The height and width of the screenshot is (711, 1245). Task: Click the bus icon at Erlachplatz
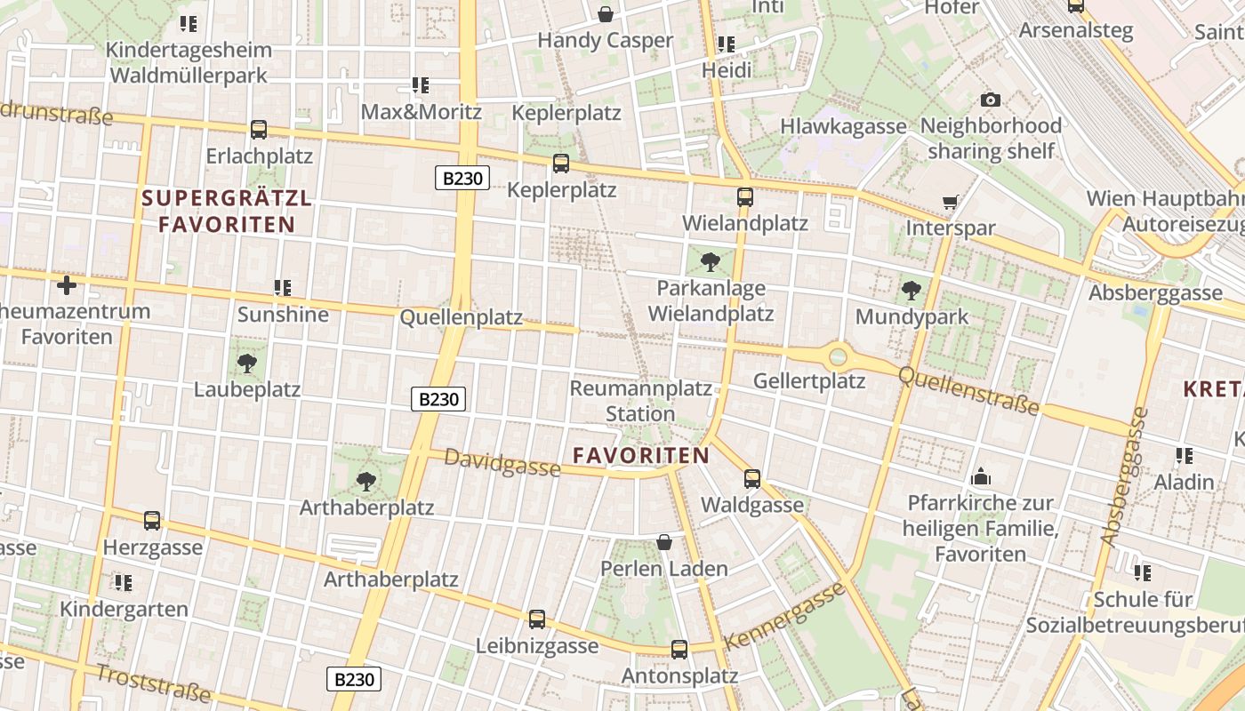click(259, 130)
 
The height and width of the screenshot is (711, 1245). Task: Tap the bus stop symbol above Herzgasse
click(152, 521)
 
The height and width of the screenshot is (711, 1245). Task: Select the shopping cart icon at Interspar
click(950, 203)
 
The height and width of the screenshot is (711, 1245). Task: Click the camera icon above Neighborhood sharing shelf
click(990, 100)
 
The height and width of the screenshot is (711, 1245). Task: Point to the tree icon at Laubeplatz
click(246, 363)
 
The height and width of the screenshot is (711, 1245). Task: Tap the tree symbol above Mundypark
click(911, 291)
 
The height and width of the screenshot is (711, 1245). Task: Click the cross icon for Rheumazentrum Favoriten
click(66, 285)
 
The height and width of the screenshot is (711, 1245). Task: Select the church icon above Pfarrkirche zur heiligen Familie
click(981, 477)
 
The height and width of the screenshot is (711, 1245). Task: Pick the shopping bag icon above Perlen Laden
click(663, 542)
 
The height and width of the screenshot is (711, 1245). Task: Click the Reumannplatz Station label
click(640, 401)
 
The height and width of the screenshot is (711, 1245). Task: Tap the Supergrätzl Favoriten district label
click(227, 211)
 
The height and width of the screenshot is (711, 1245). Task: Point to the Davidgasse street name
click(502, 462)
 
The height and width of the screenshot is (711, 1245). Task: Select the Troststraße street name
click(153, 683)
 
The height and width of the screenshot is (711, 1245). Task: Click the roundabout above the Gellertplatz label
click(838, 357)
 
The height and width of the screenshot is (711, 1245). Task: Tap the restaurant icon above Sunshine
click(283, 288)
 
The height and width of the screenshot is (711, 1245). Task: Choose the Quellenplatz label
click(461, 318)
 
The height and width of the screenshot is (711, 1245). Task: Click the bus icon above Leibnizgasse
click(536, 619)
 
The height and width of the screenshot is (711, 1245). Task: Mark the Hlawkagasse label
click(843, 126)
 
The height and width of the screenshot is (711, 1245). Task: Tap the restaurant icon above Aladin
click(1184, 456)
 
